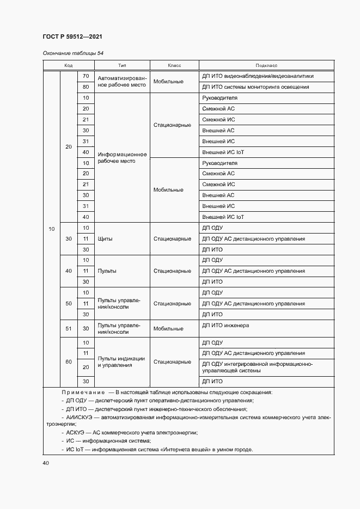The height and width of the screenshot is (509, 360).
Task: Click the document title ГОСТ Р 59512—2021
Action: [72, 36]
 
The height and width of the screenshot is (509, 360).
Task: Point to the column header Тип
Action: [121, 65]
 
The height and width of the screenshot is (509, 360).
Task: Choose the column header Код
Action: [69, 65]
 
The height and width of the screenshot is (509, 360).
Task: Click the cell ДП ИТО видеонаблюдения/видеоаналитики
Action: [258, 76]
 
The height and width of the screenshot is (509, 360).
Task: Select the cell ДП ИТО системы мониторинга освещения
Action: [255, 87]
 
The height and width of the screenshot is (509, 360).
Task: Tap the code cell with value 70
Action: [86, 76]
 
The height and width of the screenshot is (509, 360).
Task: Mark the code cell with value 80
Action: [86, 87]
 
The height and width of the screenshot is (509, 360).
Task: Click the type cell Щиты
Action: [105, 238]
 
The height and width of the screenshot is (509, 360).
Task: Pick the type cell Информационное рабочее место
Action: [122, 158]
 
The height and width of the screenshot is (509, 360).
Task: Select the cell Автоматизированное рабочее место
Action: [122, 82]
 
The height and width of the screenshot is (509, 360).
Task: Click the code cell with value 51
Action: [69, 329]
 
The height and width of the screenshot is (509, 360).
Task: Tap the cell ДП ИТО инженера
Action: [225, 326]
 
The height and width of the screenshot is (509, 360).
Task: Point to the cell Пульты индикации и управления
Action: [121, 362]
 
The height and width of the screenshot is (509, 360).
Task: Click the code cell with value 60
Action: [69, 362]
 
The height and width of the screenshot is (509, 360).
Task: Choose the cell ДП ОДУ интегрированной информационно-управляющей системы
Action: [257, 367]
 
